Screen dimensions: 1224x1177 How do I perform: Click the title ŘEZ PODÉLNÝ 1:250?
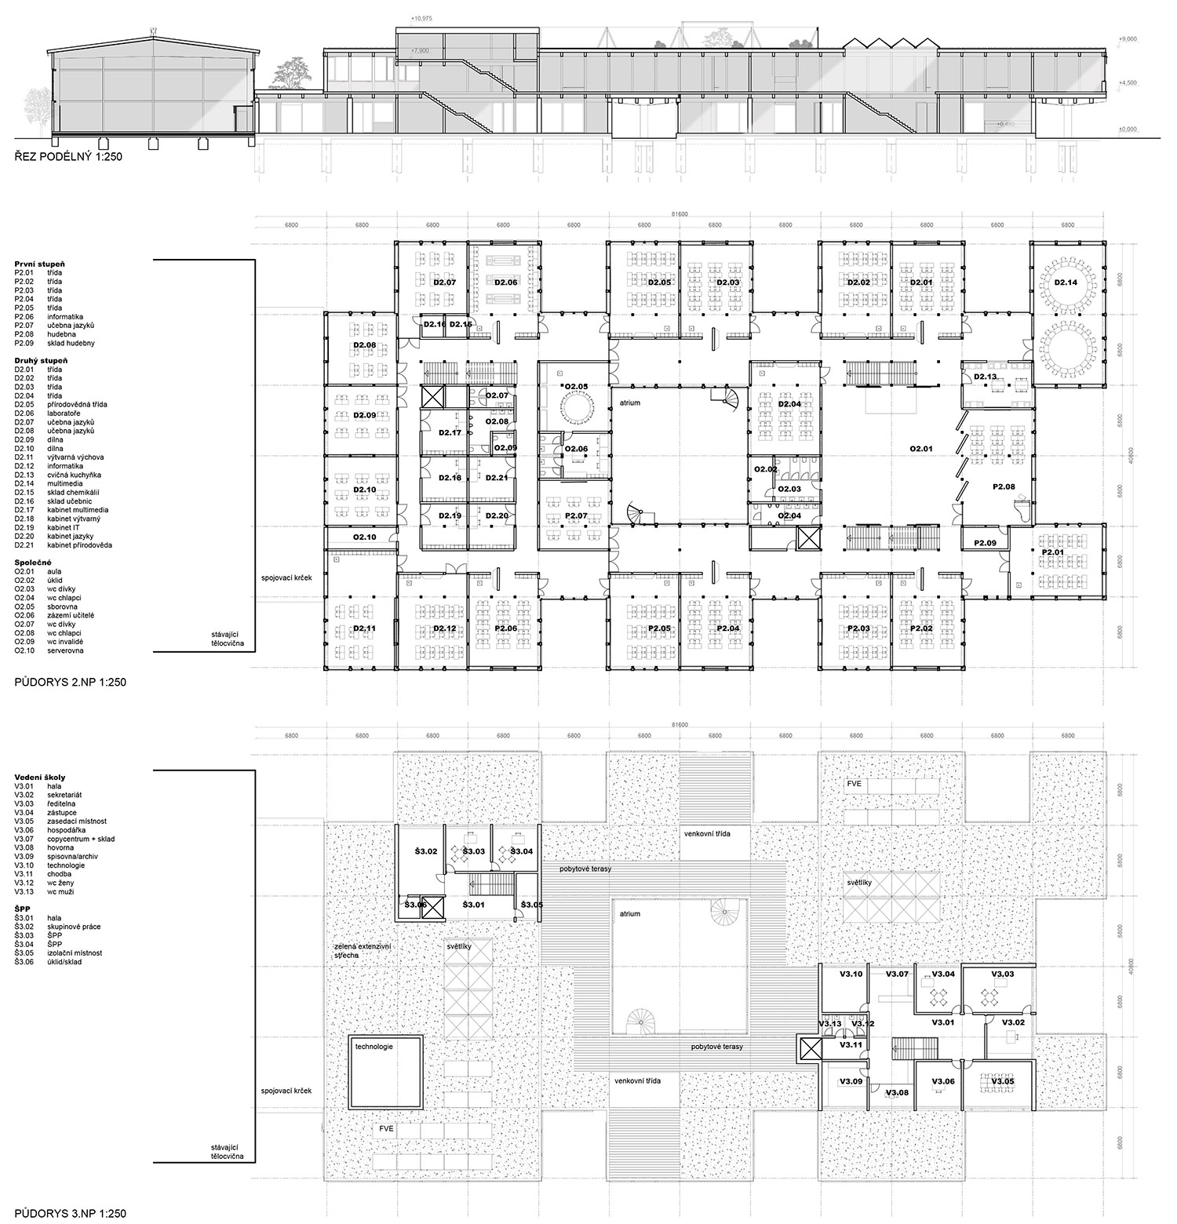point(68,157)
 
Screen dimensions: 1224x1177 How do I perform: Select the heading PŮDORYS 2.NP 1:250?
point(70,683)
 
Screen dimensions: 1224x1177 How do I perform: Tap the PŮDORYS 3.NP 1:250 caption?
point(70,1213)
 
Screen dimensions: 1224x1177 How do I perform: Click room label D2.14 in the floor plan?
point(1066,282)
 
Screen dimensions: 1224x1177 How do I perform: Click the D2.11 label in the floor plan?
point(365,628)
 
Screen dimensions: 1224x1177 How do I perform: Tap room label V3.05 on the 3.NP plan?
point(1003,1082)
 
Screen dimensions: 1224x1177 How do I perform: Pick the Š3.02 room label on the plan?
point(425,851)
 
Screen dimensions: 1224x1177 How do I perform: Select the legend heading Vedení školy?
point(39,778)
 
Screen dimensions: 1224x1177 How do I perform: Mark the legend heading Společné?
point(33,563)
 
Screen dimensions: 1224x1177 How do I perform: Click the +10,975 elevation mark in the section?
point(422,17)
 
